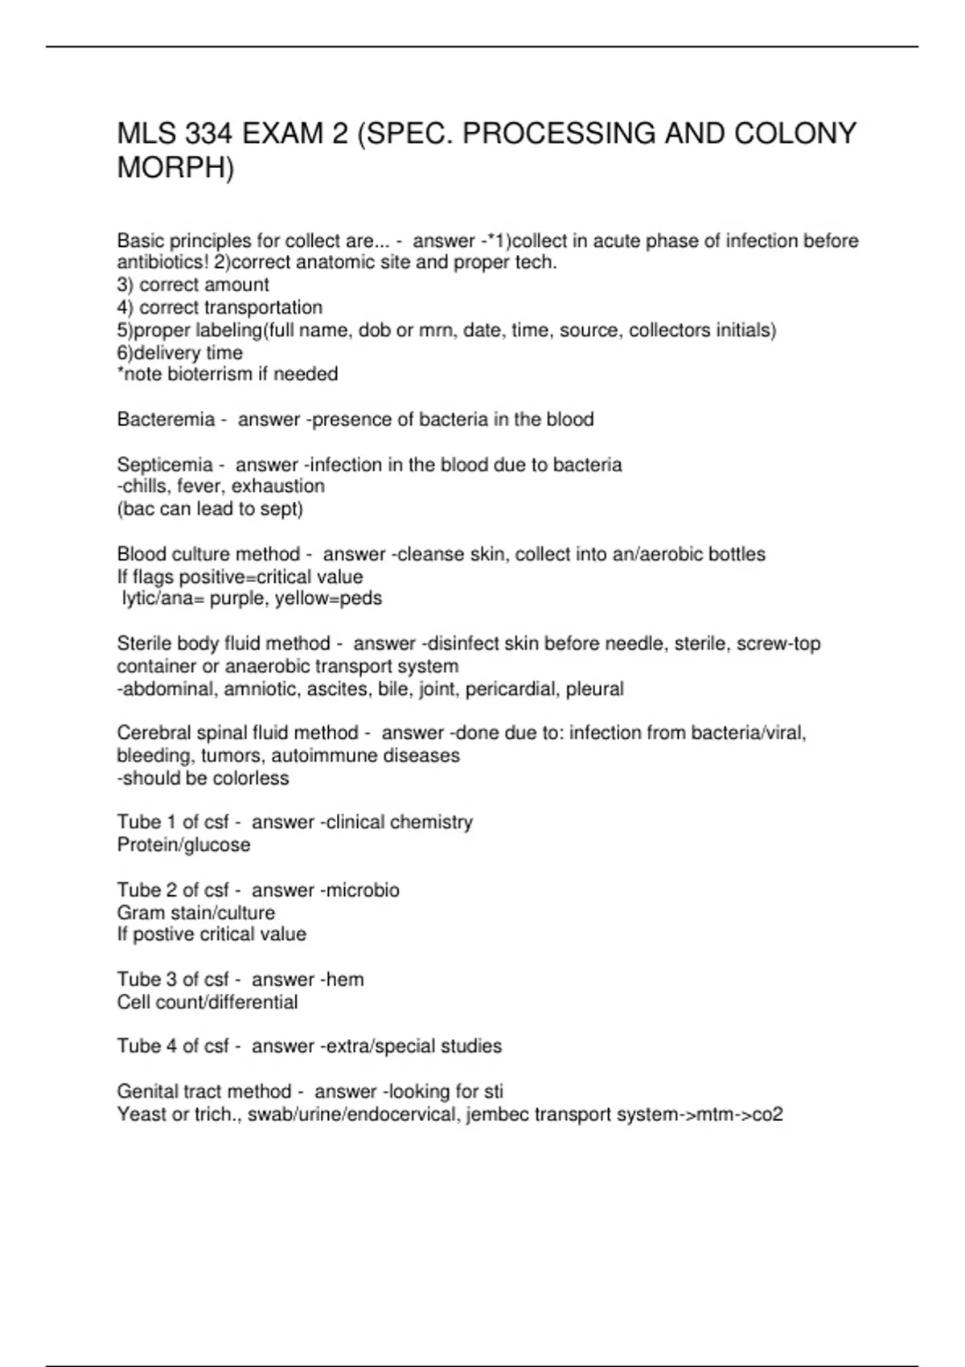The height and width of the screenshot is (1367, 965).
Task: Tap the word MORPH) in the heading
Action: pyautogui.click(x=175, y=168)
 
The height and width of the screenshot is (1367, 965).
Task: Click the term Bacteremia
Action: pyautogui.click(x=166, y=419)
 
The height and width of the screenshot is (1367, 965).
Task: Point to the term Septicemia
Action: pyautogui.click(x=165, y=465)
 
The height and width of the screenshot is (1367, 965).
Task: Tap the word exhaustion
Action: pyautogui.click(x=277, y=486)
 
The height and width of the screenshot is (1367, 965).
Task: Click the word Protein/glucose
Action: pyautogui.click(x=183, y=845)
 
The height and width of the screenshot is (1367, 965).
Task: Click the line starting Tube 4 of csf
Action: pyautogui.click(x=309, y=1046)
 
